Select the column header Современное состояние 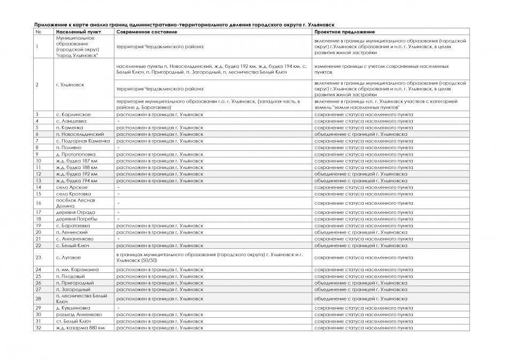click(x=147, y=32)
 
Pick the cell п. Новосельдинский click(x=76, y=134)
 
